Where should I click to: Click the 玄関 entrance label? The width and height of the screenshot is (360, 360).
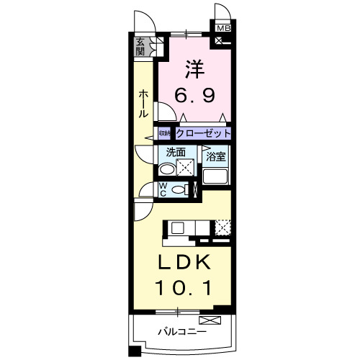point(140,47)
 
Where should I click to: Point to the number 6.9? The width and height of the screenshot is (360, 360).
point(194,94)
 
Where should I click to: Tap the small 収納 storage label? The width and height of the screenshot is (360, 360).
point(164,134)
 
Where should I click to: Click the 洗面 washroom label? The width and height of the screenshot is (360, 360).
point(176,153)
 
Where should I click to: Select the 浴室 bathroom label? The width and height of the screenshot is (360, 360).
point(215,156)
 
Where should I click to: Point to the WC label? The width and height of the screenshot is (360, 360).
point(163,189)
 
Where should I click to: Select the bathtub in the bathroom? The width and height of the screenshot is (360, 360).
point(216,175)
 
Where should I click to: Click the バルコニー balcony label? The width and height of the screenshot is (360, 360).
point(183,333)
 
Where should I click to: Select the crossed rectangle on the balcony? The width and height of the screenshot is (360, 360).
point(210,319)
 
